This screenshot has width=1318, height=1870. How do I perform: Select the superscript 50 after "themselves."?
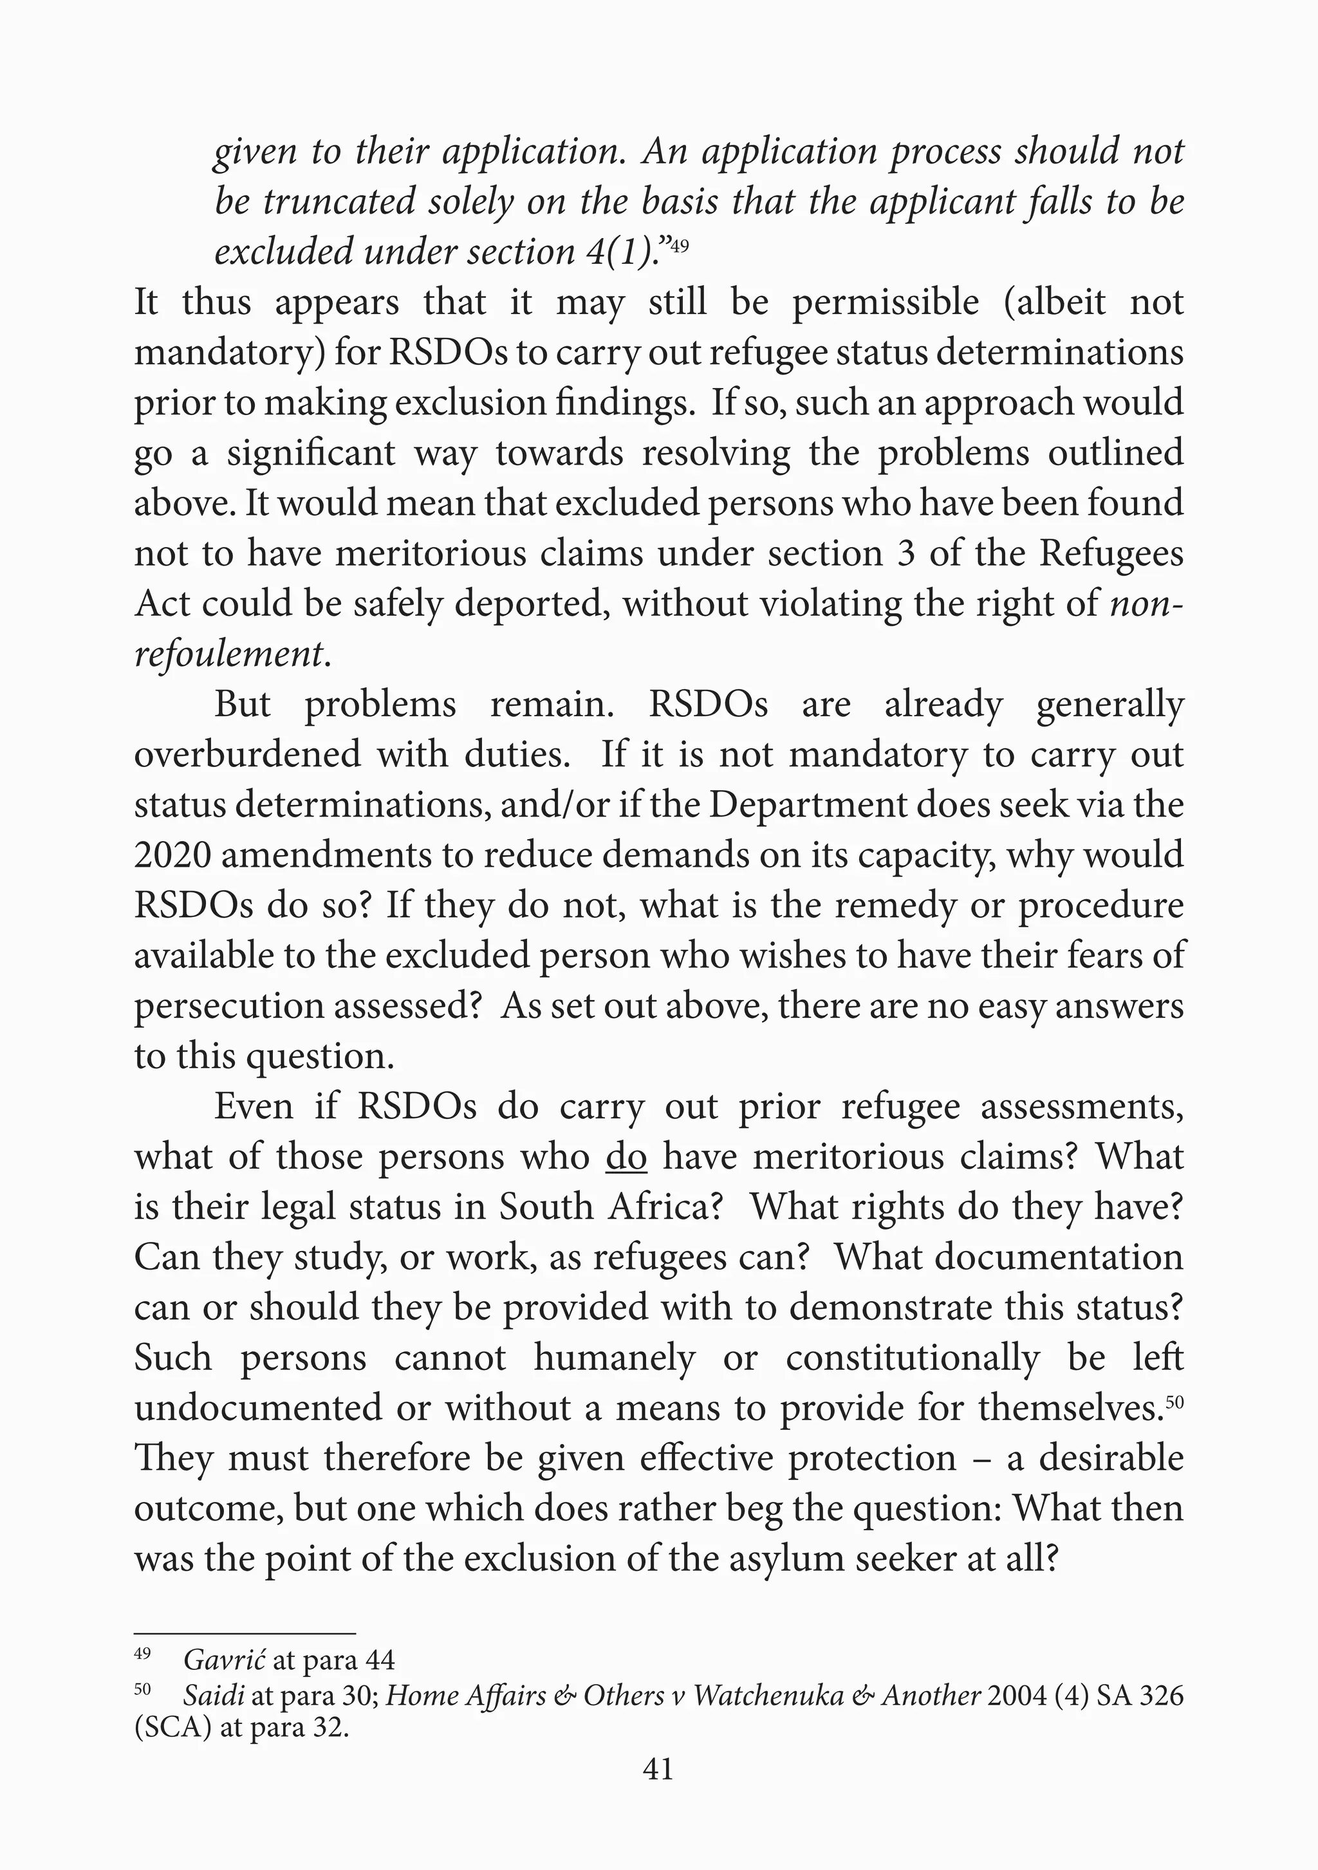coord(1174,1402)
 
